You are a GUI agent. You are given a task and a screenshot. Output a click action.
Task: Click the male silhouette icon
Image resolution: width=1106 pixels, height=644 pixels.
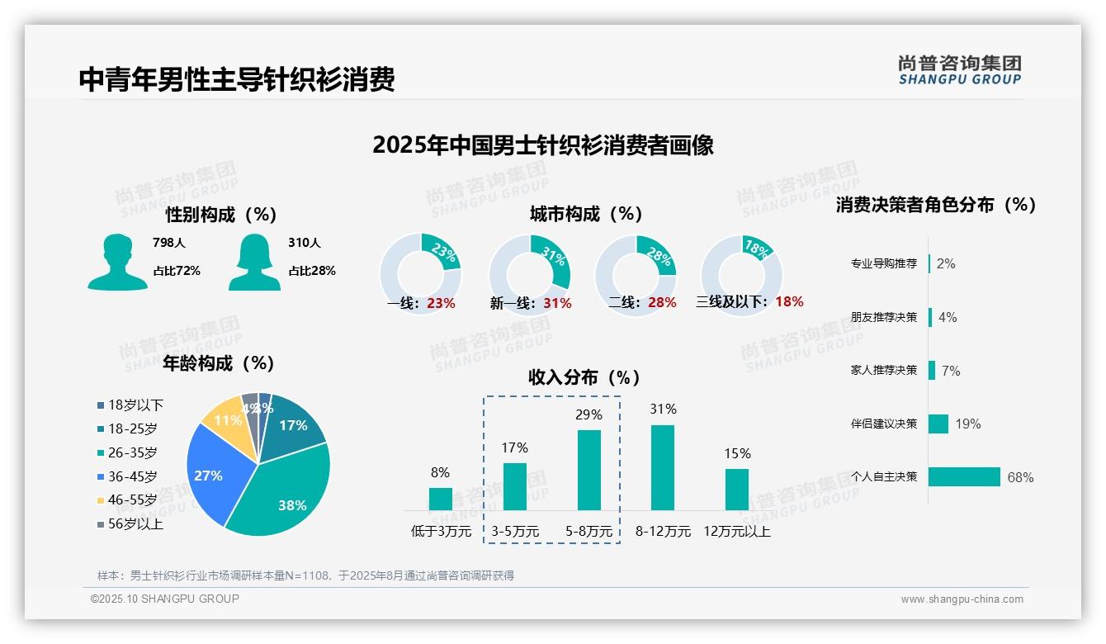point(117,263)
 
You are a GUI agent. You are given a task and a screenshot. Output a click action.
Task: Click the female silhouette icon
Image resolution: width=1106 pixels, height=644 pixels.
point(254,263)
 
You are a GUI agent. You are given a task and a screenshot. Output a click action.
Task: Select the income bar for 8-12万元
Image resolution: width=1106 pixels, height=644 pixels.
point(662,467)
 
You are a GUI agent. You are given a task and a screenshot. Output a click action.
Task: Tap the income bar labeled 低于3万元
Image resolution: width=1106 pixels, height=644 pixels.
point(440,499)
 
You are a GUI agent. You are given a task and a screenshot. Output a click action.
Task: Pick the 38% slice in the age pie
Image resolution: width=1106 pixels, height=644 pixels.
point(285,487)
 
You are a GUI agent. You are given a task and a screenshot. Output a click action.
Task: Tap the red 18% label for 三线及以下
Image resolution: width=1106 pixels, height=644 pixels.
point(789,301)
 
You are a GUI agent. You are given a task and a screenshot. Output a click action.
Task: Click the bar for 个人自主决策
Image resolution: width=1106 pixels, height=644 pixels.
point(963,476)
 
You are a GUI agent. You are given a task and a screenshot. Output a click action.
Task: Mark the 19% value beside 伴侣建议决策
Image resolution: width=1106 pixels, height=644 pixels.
point(968,424)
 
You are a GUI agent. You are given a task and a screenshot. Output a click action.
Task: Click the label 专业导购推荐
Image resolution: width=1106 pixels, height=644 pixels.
point(883,263)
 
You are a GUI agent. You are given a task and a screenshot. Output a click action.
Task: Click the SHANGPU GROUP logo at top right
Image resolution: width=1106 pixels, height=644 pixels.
point(959,70)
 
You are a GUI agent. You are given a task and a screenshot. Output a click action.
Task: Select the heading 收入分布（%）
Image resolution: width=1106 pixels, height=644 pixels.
point(584,377)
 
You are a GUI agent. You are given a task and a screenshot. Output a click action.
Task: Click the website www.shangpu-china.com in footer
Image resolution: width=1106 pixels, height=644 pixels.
point(962,599)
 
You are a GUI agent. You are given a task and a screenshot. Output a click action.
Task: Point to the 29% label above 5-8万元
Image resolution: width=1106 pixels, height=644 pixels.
point(588,414)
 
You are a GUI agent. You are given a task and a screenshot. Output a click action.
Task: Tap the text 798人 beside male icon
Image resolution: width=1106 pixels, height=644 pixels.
point(168,243)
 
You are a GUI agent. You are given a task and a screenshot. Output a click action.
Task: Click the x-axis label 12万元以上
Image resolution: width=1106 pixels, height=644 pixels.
point(736,532)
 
